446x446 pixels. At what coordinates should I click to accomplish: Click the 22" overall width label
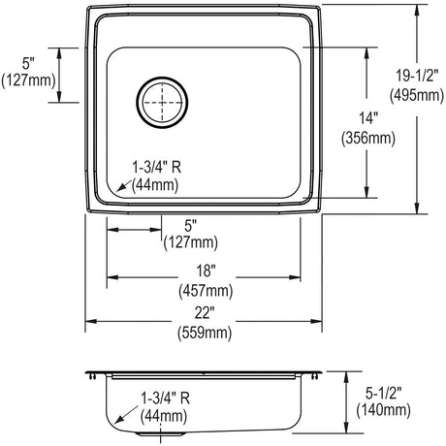coord(205,313)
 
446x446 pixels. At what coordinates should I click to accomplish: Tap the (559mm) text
coord(205,333)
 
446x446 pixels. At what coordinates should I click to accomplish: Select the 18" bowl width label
coord(206,271)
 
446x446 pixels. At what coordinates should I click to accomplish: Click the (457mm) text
coord(206,291)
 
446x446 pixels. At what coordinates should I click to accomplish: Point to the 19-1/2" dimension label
coord(417,76)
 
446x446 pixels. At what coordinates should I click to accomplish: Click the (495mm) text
coord(417,96)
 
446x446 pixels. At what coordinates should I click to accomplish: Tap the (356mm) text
coord(368,139)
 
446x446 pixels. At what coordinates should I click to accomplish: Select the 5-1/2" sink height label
coord(384,393)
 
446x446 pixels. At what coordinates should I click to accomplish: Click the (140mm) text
coord(384,410)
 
